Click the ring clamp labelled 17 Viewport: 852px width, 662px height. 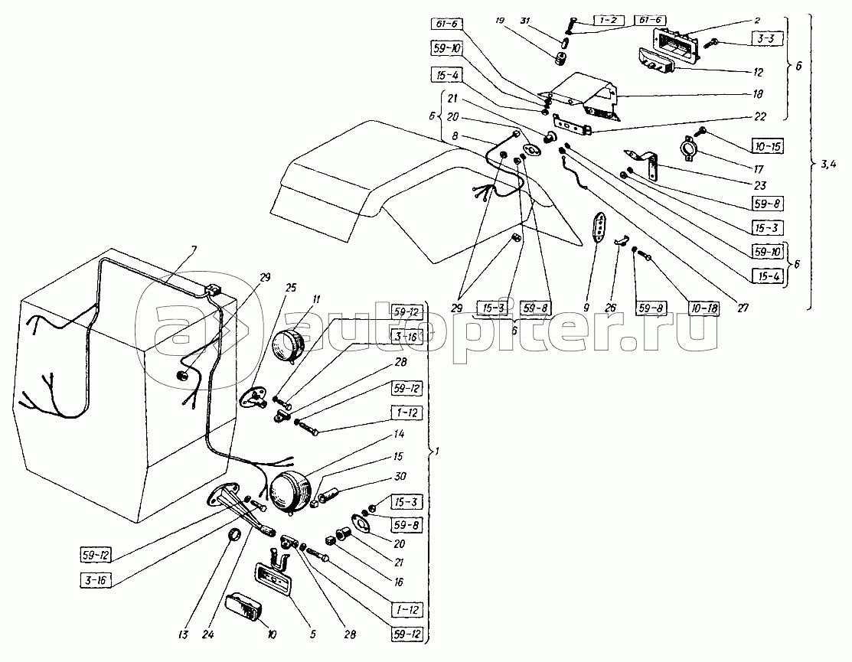click(x=689, y=145)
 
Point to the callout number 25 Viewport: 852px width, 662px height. click(x=269, y=289)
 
